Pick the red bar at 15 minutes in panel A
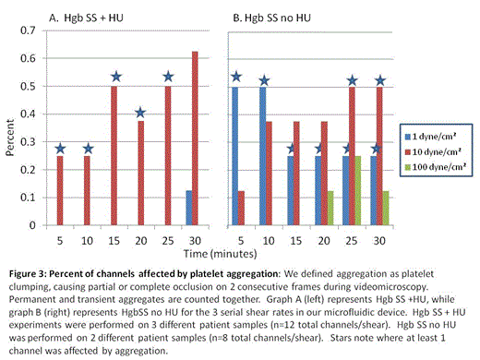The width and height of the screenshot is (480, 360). [x=114, y=156]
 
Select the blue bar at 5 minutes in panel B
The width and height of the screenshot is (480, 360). [x=236, y=156]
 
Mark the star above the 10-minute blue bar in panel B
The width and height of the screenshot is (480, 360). [x=264, y=82]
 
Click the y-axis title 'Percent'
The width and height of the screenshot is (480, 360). [x=10, y=128]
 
